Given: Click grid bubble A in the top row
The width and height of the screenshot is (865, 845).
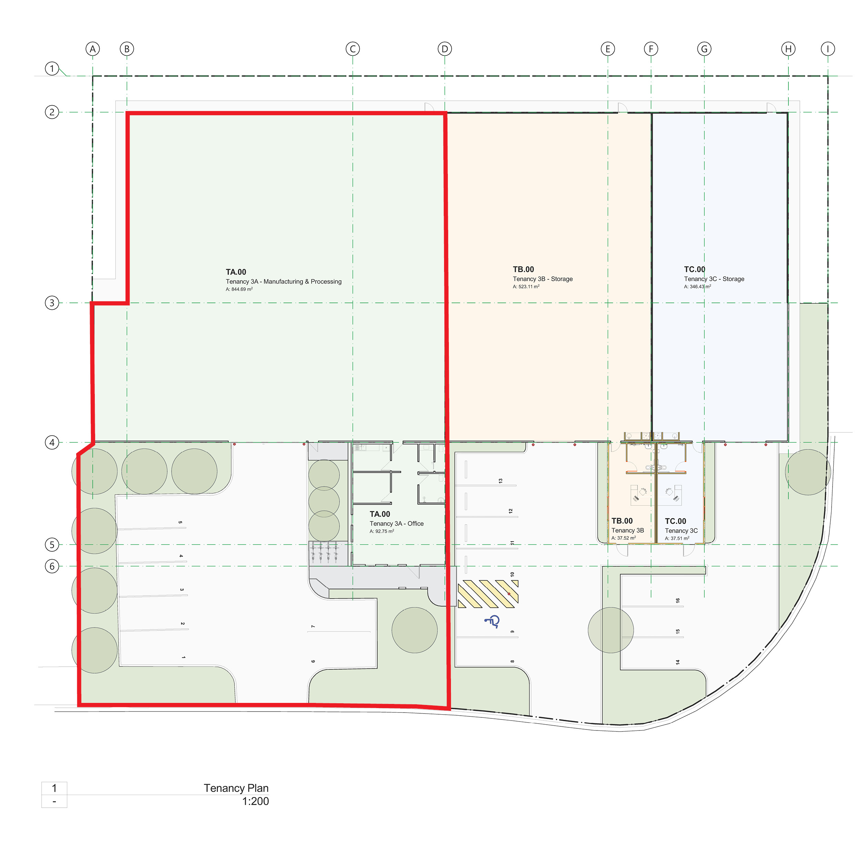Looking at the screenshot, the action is coord(92,49).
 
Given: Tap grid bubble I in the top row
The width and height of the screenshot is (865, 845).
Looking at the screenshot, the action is coord(827,49).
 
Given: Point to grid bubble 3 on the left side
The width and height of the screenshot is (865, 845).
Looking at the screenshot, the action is coord(52,303).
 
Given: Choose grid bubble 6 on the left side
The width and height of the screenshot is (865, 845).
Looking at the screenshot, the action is coord(52,566).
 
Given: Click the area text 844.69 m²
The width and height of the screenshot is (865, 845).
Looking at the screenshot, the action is coord(239,289).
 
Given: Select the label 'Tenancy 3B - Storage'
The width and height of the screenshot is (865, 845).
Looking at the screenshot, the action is coord(543,279).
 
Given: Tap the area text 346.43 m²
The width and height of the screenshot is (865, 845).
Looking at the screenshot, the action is coord(697,287).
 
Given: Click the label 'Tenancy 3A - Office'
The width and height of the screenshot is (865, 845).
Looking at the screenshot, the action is coord(396,524).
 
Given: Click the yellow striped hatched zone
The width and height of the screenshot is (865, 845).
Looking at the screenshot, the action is coord(488,594).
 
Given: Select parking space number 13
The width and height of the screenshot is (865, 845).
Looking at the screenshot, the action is coord(500,481).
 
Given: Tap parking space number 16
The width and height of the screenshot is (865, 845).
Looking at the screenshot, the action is coord(677,600).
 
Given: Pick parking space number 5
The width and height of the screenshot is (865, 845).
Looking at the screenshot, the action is coord(180,523).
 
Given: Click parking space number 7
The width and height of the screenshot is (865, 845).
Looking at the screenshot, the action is coord(313,626).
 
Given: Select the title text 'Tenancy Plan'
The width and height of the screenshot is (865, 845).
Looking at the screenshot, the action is coord(236,788).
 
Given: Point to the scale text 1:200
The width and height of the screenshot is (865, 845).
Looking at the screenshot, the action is coord(255,801).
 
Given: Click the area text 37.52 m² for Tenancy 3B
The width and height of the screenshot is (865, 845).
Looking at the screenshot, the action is coord(623,538).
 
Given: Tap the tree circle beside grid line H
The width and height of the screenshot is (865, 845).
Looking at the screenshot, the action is coord(807,472).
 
